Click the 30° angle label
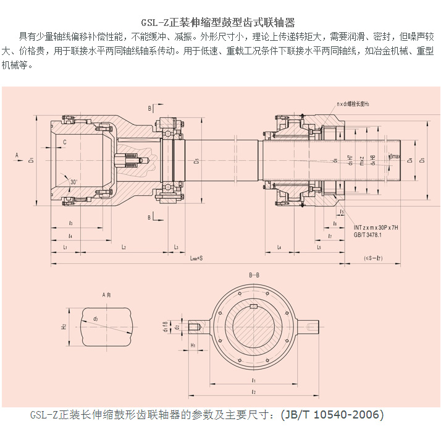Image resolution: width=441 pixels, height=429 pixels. coord(73,182)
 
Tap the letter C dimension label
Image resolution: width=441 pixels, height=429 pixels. coord(65,142)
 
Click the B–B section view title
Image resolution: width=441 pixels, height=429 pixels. coord(253,274)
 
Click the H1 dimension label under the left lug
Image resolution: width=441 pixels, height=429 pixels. coord(193,345)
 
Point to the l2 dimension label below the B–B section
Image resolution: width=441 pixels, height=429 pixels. coord(253,391)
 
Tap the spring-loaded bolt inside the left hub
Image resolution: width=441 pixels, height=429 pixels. coord(132,162)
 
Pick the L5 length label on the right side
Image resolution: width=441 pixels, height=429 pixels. coord(319,247)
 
